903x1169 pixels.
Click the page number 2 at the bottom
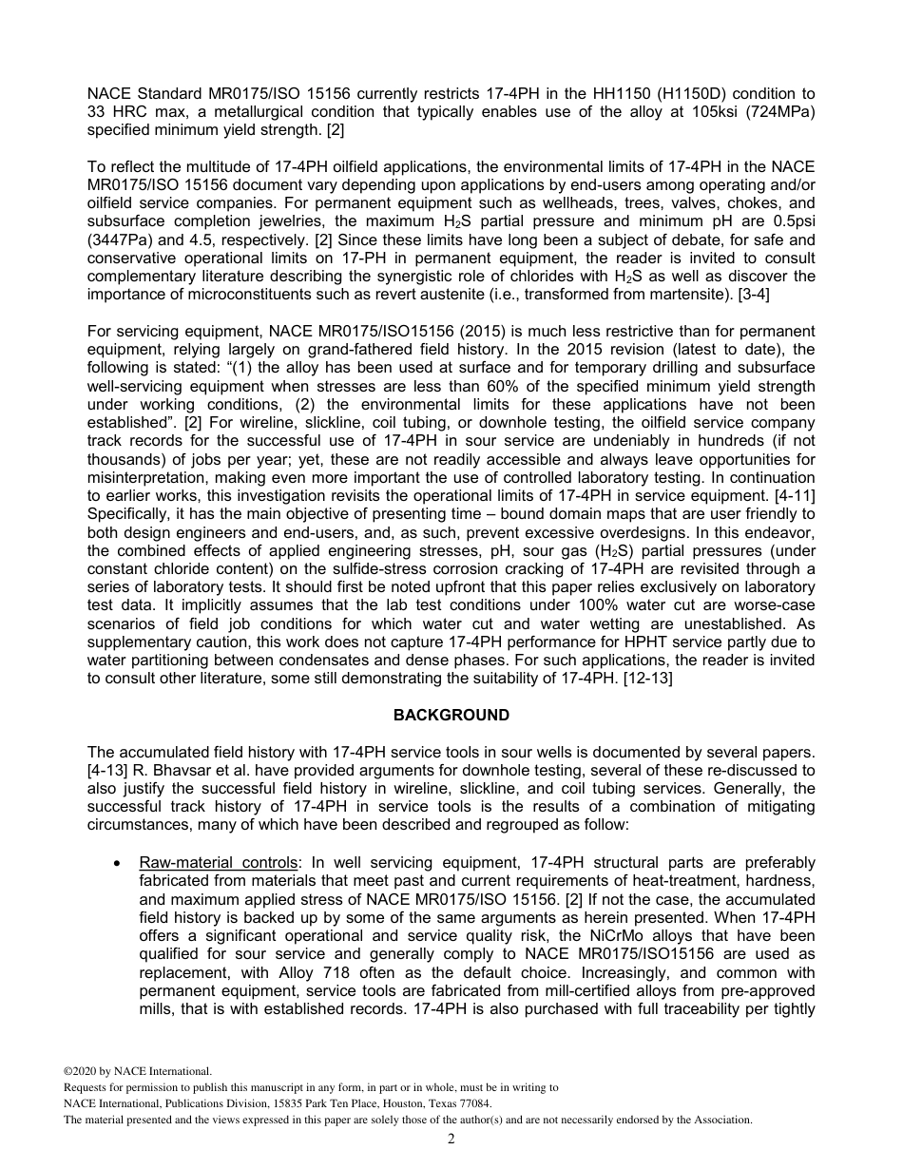(451, 1139)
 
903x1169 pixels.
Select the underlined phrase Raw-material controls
(218, 862)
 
